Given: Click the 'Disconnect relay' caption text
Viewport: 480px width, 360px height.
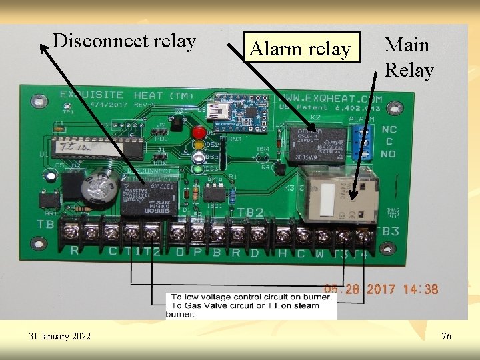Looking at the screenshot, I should click(124, 41).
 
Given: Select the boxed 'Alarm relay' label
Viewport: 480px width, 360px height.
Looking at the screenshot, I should click(299, 49).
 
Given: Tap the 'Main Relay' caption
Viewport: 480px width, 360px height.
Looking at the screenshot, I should click(408, 57).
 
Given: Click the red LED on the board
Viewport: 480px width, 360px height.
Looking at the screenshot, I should click(198, 133).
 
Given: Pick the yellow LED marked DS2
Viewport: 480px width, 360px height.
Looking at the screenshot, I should click(198, 145).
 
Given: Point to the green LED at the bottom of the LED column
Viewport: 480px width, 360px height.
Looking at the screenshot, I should click(198, 169).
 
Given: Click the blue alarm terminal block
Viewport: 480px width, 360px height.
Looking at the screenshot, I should click(364, 138).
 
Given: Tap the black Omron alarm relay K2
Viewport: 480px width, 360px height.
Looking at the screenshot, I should click(317, 145).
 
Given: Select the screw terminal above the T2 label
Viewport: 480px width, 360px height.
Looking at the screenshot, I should click(152, 233).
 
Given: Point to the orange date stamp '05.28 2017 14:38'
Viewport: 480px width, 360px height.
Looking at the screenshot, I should click(381, 289).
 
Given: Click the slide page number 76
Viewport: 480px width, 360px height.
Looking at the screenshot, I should click(446, 337).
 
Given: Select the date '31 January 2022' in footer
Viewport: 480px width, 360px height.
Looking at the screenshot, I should click(60, 337).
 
